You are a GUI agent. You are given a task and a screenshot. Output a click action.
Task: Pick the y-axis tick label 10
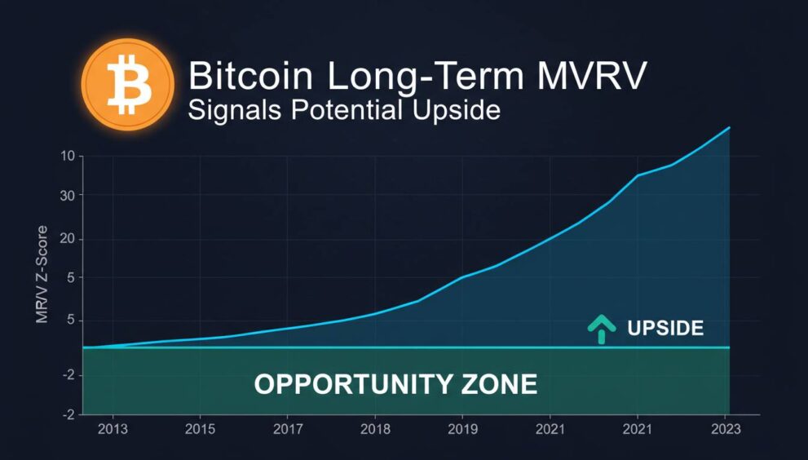(67, 157)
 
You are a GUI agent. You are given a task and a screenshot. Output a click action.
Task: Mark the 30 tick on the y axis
(67, 195)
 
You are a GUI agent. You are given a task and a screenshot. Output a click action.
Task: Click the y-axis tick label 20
(67, 239)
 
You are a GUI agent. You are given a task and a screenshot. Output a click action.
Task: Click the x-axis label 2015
(200, 429)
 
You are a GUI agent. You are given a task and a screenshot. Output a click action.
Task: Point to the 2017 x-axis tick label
(287, 429)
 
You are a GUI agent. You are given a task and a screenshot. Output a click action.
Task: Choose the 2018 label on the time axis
(374, 429)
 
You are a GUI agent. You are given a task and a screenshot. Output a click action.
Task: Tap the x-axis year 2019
(462, 429)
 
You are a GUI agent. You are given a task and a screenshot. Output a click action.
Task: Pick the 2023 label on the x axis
(726, 429)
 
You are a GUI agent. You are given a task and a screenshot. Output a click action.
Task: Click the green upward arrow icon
(602, 328)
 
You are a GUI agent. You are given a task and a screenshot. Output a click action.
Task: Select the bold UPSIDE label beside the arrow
(665, 329)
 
